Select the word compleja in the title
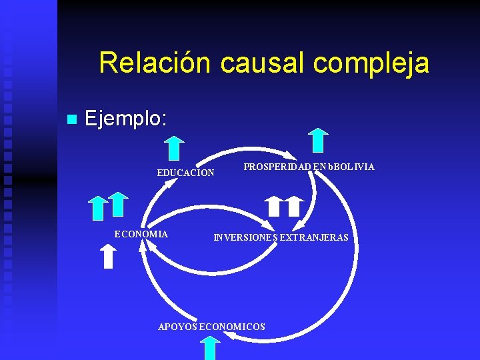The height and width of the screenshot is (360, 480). (x=371, y=63)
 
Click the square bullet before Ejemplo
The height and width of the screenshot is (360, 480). (x=72, y=120)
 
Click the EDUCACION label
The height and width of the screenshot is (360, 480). (x=185, y=173)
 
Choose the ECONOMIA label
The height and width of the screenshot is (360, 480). (x=141, y=234)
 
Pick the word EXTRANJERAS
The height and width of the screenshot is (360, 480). (x=314, y=237)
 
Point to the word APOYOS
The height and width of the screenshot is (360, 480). (x=177, y=327)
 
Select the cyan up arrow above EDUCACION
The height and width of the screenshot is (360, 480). (x=174, y=147)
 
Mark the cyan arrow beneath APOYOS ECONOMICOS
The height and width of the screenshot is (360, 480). (x=211, y=347)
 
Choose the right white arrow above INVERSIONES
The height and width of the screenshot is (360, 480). (x=294, y=207)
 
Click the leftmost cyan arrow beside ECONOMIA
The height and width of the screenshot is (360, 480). (x=99, y=207)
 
